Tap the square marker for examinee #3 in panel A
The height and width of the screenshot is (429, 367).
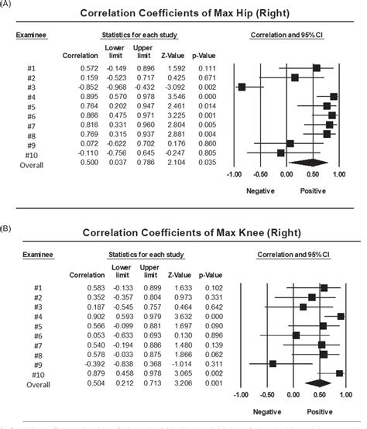point(242,87)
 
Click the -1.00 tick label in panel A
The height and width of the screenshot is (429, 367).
point(233,175)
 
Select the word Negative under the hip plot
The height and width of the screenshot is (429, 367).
point(260,190)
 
